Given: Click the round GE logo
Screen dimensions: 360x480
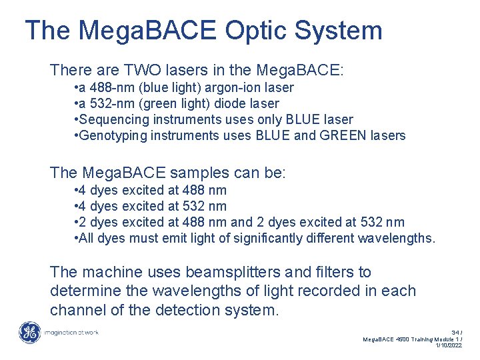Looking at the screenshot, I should coord(29,332).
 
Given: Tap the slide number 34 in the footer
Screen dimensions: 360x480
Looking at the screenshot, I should coord(455,331).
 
